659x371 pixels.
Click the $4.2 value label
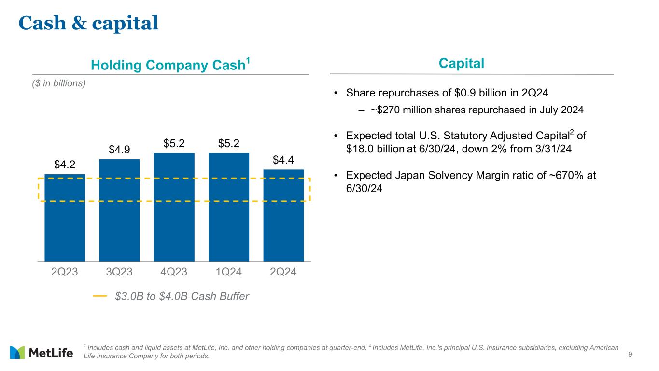[64, 165]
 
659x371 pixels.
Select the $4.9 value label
[119, 150]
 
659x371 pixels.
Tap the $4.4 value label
[283, 160]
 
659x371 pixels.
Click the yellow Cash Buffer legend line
[100, 296]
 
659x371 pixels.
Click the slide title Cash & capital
[88, 23]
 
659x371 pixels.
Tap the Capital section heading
[462, 63]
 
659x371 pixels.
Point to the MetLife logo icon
[17, 353]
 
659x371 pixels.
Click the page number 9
[630, 355]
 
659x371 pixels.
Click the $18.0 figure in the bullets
[360, 149]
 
